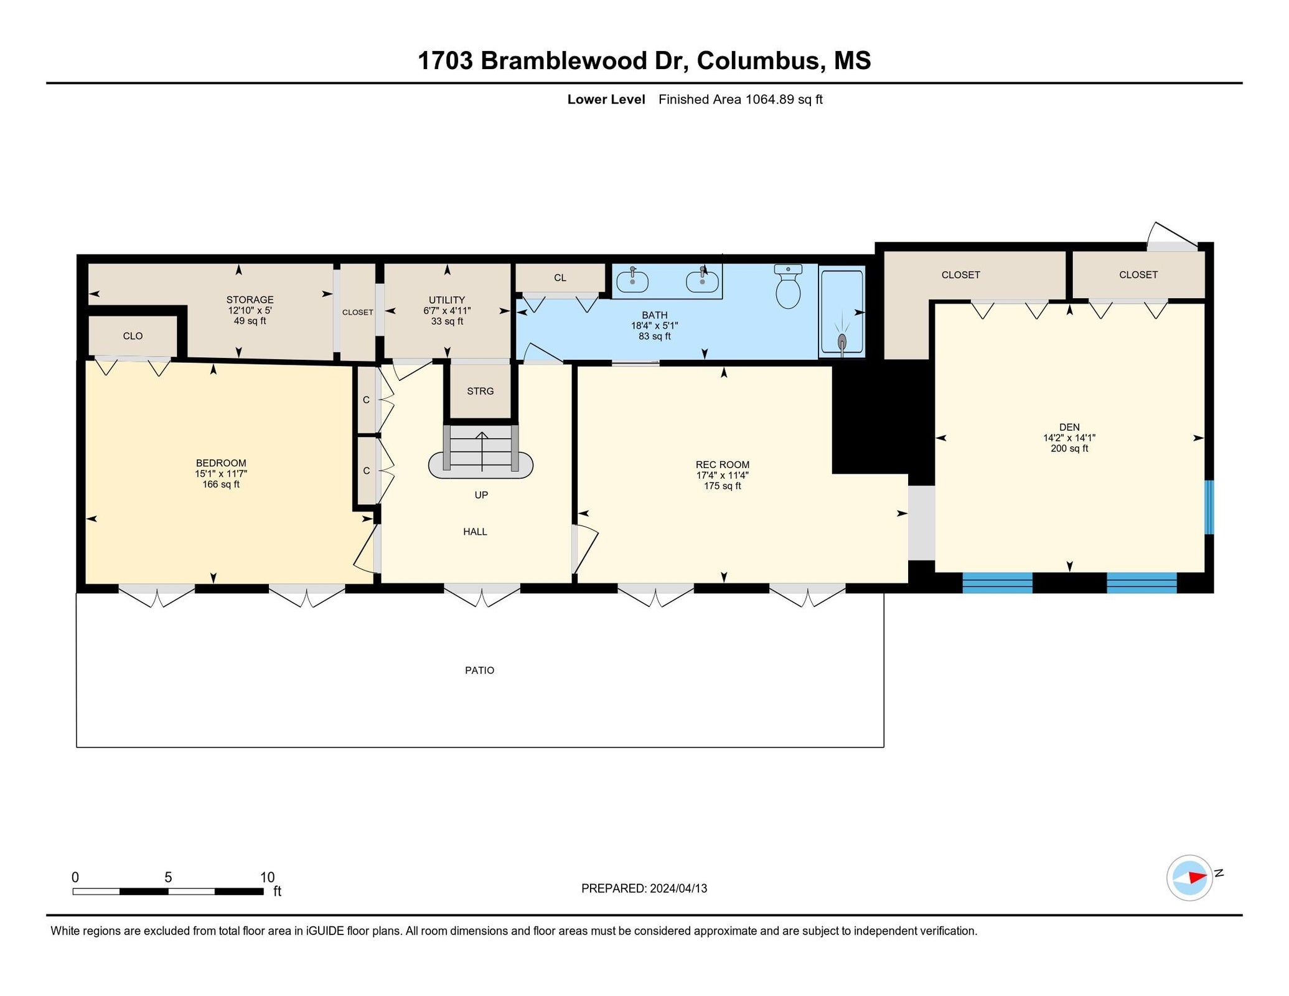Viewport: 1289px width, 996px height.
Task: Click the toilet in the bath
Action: coord(788,288)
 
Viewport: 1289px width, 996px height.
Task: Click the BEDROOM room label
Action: coord(221,463)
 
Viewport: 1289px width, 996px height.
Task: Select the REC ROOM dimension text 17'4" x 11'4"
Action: coord(722,476)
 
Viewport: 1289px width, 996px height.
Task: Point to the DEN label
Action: coord(1069,427)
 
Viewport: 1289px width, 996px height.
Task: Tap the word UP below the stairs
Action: coord(481,496)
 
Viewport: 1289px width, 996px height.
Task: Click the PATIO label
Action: coord(479,670)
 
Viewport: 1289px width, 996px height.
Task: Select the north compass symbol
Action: coord(1189,877)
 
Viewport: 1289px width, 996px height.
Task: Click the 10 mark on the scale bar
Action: coord(267,878)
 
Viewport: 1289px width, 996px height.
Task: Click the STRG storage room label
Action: coord(480,392)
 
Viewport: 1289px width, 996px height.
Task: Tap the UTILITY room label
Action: coord(446,300)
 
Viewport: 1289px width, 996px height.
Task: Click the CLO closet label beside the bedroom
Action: coord(133,336)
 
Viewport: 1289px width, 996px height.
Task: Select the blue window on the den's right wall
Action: coord(1209,507)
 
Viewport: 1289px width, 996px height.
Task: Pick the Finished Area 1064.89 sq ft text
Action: coord(740,100)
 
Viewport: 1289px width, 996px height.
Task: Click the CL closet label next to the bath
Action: coord(560,278)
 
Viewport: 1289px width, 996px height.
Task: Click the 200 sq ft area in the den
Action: coord(1069,449)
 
